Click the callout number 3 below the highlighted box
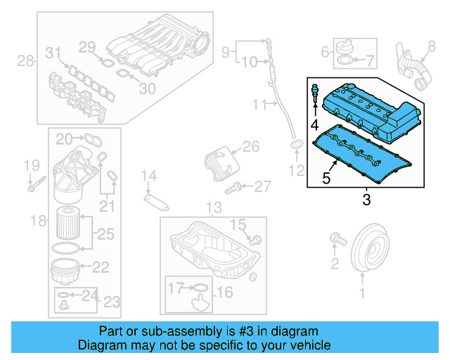coord(366,200)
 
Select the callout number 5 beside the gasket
coord(326,178)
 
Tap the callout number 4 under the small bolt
coord(315,124)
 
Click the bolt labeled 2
coord(337,240)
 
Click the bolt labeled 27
coord(234,187)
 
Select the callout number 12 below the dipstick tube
coord(297,169)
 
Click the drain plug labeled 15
coord(255,240)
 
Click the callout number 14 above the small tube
coord(149,176)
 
